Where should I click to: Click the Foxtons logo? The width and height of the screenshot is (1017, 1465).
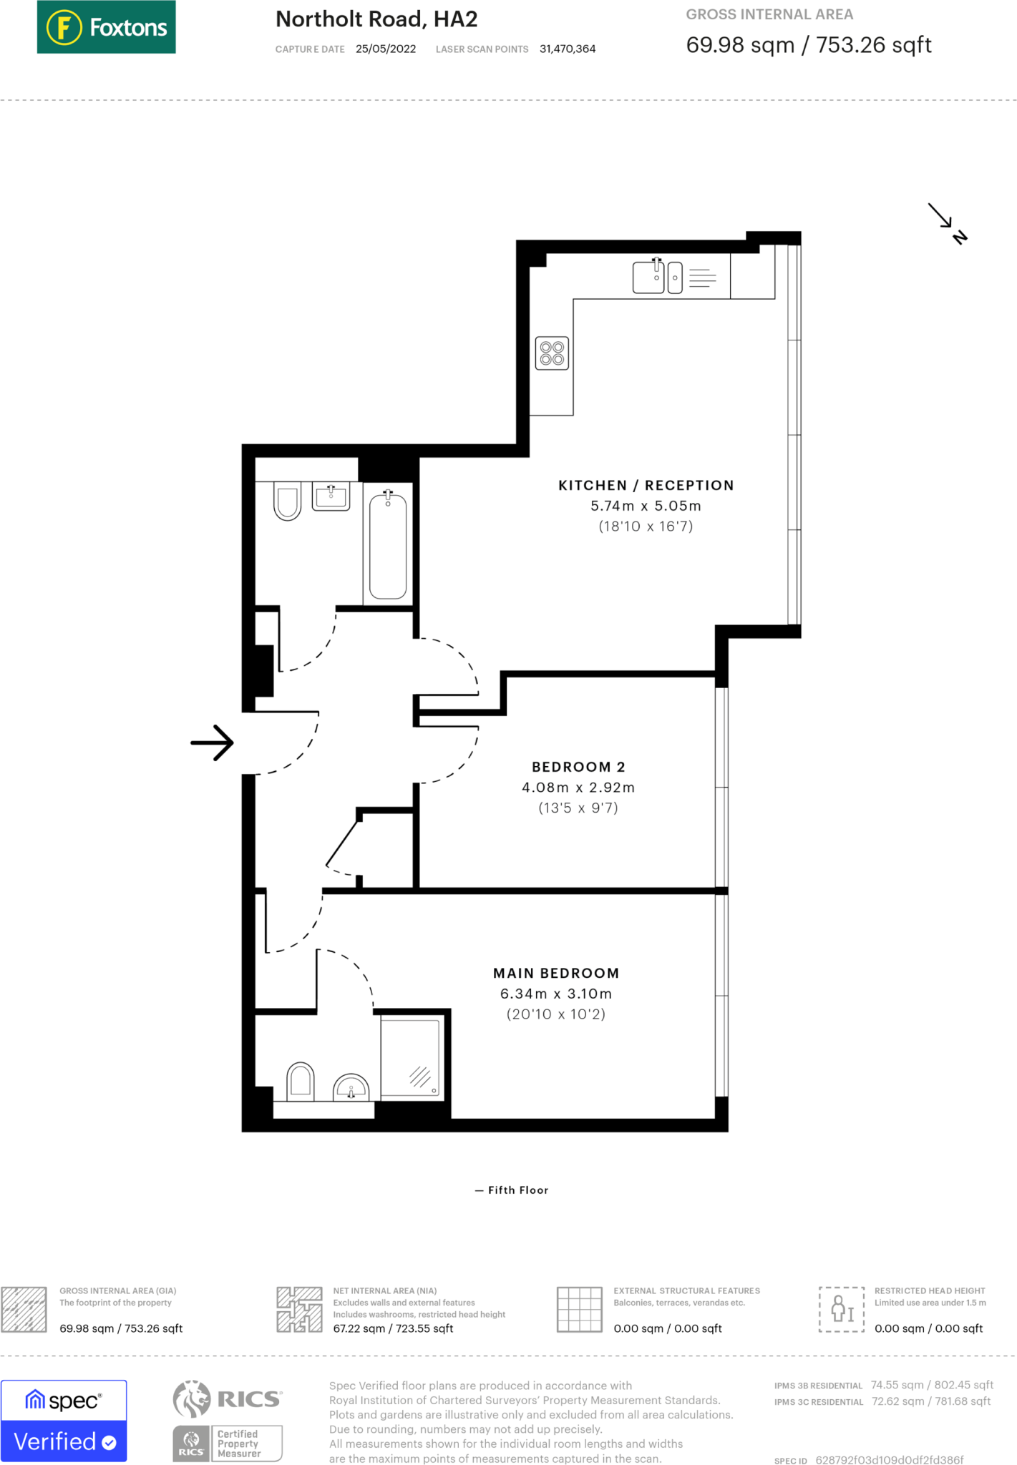tap(106, 27)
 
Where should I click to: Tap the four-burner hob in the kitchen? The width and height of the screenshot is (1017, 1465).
tap(552, 353)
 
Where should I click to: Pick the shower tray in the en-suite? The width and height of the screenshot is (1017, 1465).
tap(410, 1057)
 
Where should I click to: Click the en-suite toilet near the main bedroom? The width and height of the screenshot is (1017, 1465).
tap(301, 1081)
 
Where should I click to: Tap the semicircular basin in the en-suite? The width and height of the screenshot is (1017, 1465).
tap(351, 1087)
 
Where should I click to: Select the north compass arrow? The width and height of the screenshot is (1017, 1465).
tap(947, 222)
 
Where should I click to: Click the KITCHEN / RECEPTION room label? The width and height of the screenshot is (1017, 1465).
tap(646, 485)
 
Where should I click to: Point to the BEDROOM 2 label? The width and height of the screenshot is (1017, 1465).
tap(578, 767)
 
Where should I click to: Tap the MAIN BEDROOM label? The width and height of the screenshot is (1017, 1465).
tap(556, 973)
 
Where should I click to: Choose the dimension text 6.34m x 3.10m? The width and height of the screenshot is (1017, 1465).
tap(556, 994)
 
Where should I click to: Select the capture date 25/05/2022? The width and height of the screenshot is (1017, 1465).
tap(386, 49)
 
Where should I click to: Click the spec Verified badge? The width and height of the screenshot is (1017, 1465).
tap(64, 1421)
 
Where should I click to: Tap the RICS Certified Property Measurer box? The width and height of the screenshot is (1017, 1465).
tap(228, 1444)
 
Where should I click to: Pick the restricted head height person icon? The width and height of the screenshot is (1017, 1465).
tap(842, 1309)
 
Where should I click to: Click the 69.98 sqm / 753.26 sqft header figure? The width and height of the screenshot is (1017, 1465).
tap(809, 45)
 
